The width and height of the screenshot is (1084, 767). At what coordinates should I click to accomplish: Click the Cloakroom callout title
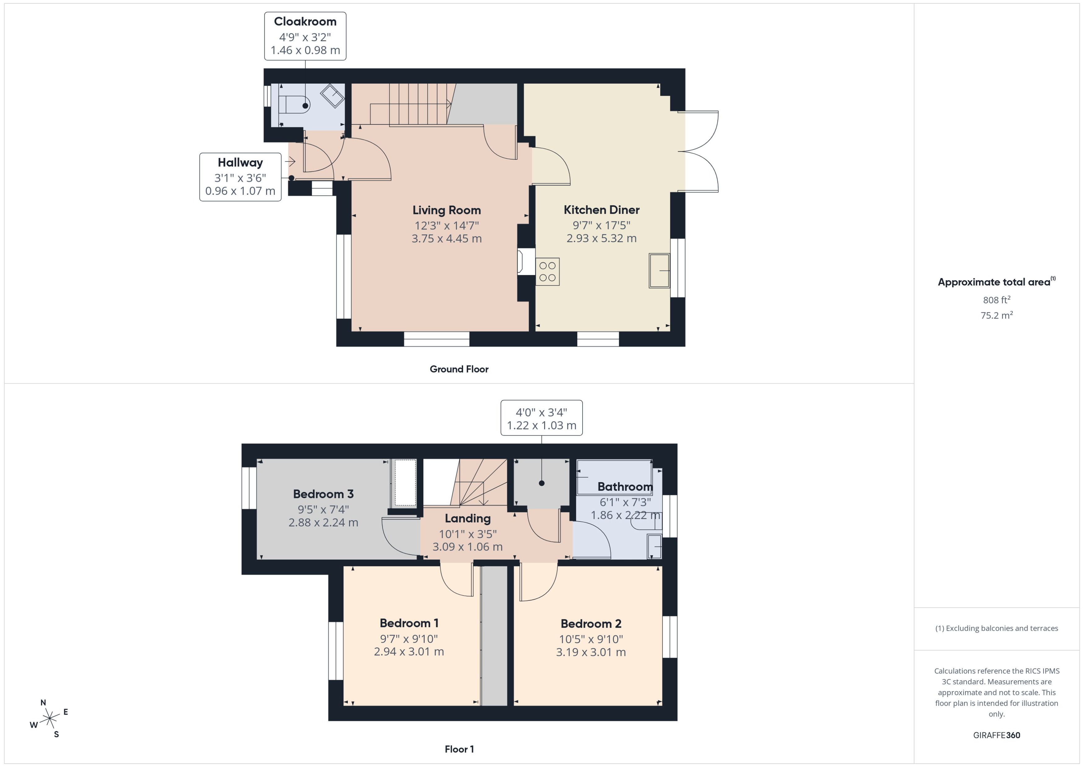pyautogui.click(x=305, y=22)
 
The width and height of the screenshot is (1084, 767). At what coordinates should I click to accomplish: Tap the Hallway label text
pyautogui.click(x=240, y=163)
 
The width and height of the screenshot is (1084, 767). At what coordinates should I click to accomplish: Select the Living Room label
pyautogui.click(x=446, y=210)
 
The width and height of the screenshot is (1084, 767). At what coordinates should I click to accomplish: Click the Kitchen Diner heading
pyautogui.click(x=601, y=210)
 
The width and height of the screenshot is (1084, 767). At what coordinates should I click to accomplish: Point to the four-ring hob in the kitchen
pyautogui.click(x=548, y=272)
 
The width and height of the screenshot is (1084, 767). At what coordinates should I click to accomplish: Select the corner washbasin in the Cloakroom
pyautogui.click(x=333, y=95)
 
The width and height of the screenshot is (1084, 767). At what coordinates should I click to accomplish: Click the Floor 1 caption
pyautogui.click(x=459, y=749)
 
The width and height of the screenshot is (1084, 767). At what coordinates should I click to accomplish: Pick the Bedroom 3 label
pyautogui.click(x=323, y=494)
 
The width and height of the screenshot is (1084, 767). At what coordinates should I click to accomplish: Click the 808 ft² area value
pyautogui.click(x=996, y=300)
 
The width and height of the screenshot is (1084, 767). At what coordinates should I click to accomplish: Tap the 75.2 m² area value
pyautogui.click(x=996, y=315)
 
